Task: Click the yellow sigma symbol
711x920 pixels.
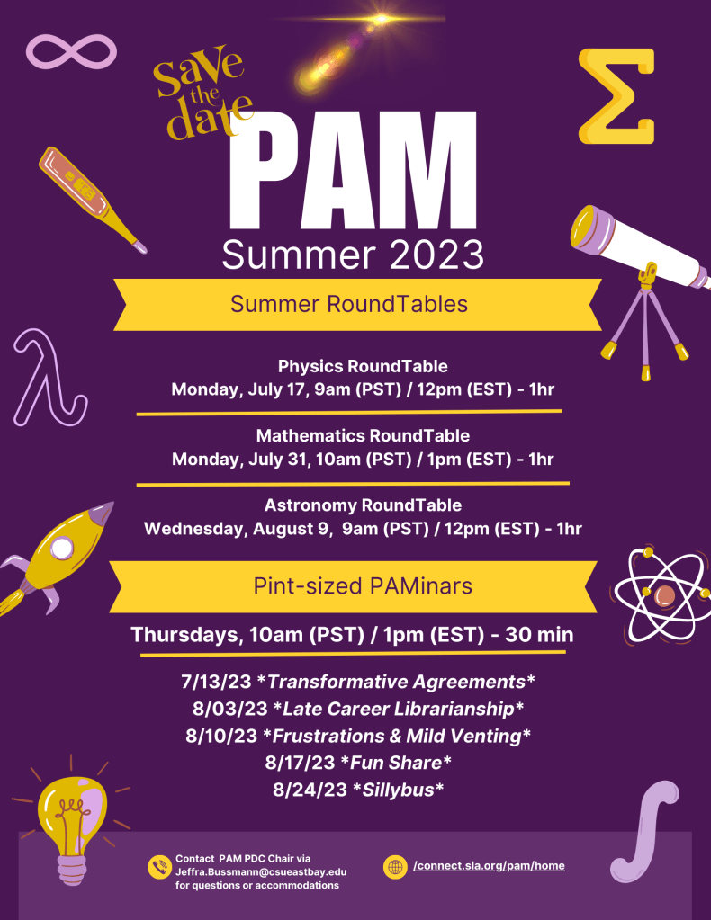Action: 616,96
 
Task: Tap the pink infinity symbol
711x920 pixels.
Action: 73,51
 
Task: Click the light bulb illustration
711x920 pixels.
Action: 73,819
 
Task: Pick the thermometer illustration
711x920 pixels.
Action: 88,197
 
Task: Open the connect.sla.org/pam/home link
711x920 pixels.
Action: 489,866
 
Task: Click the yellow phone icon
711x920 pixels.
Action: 159,867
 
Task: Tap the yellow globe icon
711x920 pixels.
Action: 395,867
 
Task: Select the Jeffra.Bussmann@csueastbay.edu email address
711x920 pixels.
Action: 261,871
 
